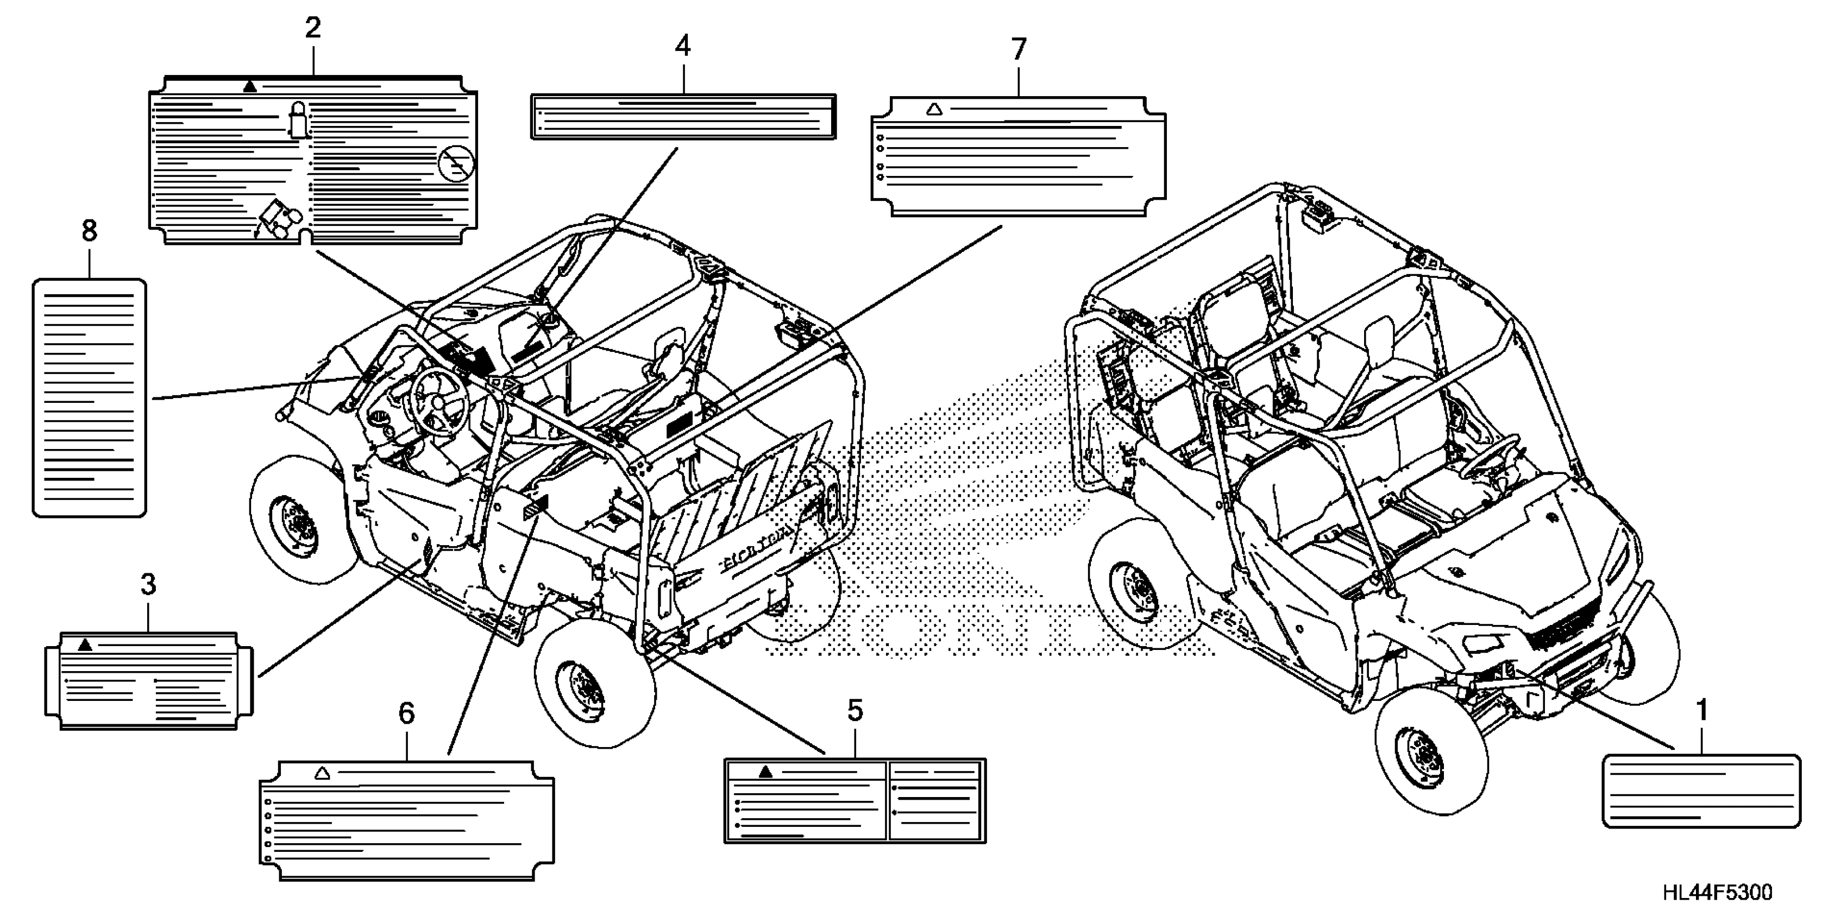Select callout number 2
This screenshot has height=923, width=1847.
coord(312,29)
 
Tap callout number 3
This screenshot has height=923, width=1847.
coord(148,585)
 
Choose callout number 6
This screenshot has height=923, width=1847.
coord(406,714)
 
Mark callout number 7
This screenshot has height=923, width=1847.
coord(1018,49)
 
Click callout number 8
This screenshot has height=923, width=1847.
coord(89,231)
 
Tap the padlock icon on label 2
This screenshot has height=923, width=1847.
coord(298,119)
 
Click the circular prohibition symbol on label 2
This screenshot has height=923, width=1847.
coord(456,164)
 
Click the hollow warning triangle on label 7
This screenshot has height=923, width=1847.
coord(933,110)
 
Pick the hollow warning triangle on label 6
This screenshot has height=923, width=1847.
coord(322,773)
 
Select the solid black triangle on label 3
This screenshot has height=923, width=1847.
coord(85,645)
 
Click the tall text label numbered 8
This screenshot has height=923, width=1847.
coord(90,398)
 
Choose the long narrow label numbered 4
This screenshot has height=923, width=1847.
coord(683,116)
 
